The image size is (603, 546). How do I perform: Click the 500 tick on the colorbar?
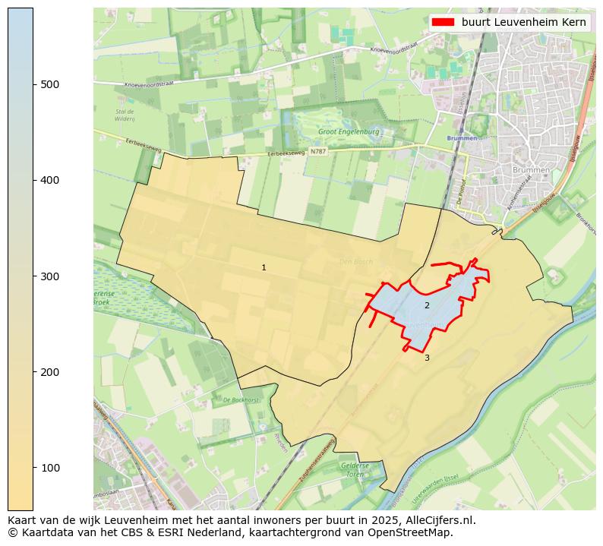pyautogui.click(x=33, y=84)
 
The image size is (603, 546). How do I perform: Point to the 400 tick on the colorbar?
pyautogui.click(x=33, y=180)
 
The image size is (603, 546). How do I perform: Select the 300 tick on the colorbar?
pyautogui.click(x=33, y=276)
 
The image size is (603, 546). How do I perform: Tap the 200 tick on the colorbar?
pyautogui.click(x=33, y=372)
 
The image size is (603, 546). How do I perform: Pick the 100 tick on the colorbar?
pyautogui.click(x=33, y=468)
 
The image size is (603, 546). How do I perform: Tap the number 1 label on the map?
pyautogui.click(x=264, y=267)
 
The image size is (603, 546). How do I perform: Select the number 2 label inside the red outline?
pyautogui.click(x=427, y=305)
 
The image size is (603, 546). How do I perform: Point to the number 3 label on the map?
pyautogui.click(x=427, y=358)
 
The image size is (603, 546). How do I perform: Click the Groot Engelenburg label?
pyautogui.click(x=349, y=131)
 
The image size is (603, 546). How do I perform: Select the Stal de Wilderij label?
pyautogui.click(x=125, y=115)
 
